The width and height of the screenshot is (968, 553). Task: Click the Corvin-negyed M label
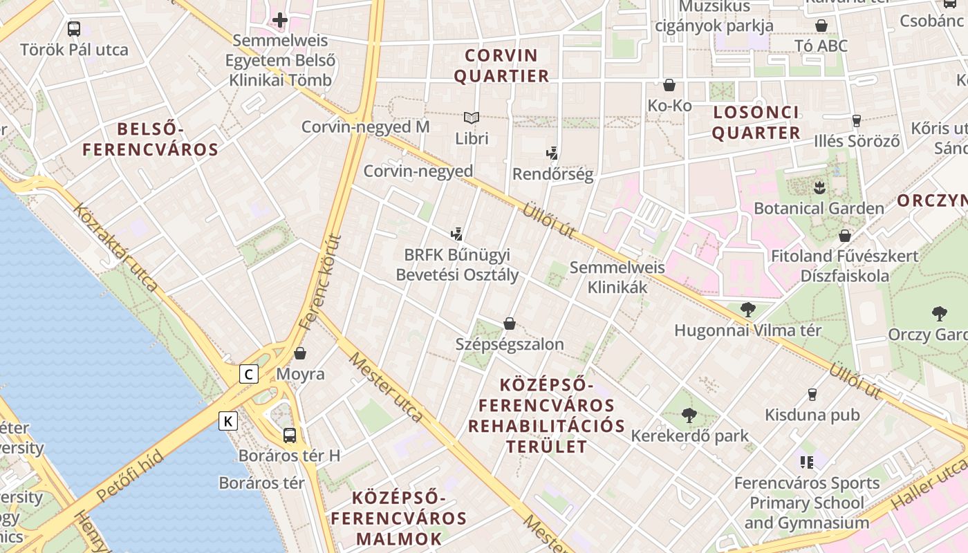365,127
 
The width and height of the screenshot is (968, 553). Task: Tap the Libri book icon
472,118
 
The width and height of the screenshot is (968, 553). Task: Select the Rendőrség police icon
552,153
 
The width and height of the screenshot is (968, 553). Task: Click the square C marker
249,375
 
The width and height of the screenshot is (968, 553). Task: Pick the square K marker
229,420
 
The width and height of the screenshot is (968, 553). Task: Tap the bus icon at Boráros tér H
290,435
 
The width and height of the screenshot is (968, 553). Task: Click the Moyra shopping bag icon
300,353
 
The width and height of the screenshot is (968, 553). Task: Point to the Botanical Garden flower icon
819,187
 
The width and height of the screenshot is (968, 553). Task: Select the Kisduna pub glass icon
812,395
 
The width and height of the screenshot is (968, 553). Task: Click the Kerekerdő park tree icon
689,415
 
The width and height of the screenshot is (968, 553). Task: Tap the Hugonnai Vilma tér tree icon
747,310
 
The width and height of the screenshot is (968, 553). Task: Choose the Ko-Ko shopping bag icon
669,85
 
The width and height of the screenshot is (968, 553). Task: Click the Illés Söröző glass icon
857,120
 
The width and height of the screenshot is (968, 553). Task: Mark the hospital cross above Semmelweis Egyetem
280,20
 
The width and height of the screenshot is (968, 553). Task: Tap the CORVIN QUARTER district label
501,66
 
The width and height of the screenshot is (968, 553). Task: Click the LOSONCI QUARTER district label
756,122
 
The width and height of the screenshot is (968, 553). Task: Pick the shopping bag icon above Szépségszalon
510,323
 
